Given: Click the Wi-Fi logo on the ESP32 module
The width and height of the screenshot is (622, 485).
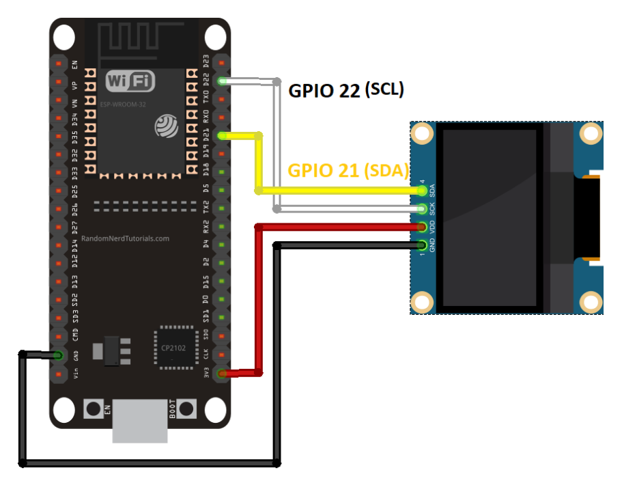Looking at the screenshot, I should click(x=130, y=81).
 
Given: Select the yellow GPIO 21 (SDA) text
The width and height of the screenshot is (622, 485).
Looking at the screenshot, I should click(x=348, y=171).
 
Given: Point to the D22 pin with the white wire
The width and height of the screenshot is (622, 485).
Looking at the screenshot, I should click(x=222, y=81).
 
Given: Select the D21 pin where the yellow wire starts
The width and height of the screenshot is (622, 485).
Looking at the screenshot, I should click(x=222, y=135).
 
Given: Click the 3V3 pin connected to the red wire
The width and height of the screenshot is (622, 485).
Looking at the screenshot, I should click(x=222, y=373).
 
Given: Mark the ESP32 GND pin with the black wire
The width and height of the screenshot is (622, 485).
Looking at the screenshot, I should click(x=57, y=355).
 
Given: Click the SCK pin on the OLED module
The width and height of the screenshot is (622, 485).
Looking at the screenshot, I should click(x=422, y=209).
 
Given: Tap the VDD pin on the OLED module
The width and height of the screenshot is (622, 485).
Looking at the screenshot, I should click(x=422, y=227).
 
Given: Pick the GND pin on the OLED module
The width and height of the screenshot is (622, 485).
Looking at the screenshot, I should click(x=422, y=245).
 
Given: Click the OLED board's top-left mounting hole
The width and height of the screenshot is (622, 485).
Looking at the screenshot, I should click(x=423, y=133).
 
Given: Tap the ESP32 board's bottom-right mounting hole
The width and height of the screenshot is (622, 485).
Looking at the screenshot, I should click(x=215, y=411).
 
